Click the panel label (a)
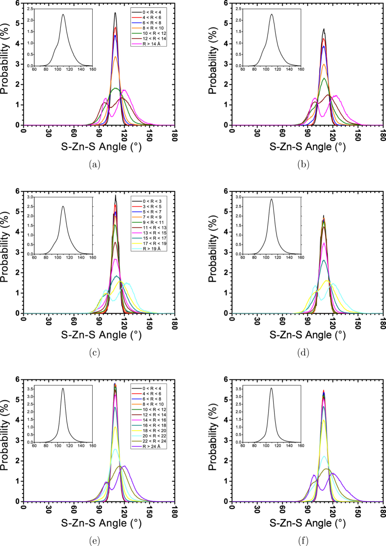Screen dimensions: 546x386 click(95, 165)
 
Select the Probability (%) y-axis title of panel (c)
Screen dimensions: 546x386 click(5, 252)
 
